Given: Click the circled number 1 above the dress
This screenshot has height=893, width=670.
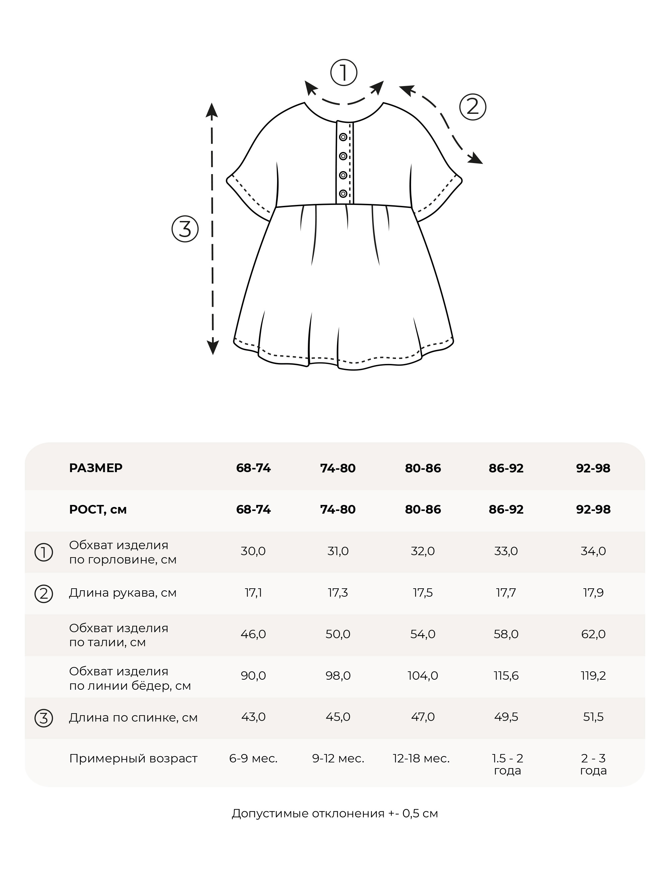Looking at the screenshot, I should coord(344,73).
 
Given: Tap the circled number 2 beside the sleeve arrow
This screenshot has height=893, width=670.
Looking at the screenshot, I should coord(472,107).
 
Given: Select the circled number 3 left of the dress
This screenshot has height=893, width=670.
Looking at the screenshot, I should coord(185,229).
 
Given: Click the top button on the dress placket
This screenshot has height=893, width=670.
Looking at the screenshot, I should coord(343,137).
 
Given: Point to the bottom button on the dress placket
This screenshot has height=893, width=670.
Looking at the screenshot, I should coord(343,194).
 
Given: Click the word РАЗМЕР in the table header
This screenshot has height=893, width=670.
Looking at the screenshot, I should coord(96,468).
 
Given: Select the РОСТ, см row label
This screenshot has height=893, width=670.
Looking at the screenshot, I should coord(98,510).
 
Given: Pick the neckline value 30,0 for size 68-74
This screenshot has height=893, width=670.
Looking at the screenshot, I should coord(253,551).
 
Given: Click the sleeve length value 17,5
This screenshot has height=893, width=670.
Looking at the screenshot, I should coord(422,593).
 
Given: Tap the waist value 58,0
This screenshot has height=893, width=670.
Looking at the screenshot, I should coord(506,634).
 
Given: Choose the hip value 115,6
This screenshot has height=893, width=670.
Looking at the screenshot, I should coord(506,676).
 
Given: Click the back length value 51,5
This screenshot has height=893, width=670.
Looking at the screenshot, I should coord(593,717).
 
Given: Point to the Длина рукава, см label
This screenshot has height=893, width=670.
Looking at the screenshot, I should coord(123,593).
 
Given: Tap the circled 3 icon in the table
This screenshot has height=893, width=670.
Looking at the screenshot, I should coord(44,718).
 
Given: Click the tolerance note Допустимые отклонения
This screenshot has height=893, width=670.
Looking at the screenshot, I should coord(335,813).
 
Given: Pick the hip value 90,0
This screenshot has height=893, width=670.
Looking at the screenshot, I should coord(253,676).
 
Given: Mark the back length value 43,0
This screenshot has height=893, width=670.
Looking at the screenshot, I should coord(253,717).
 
